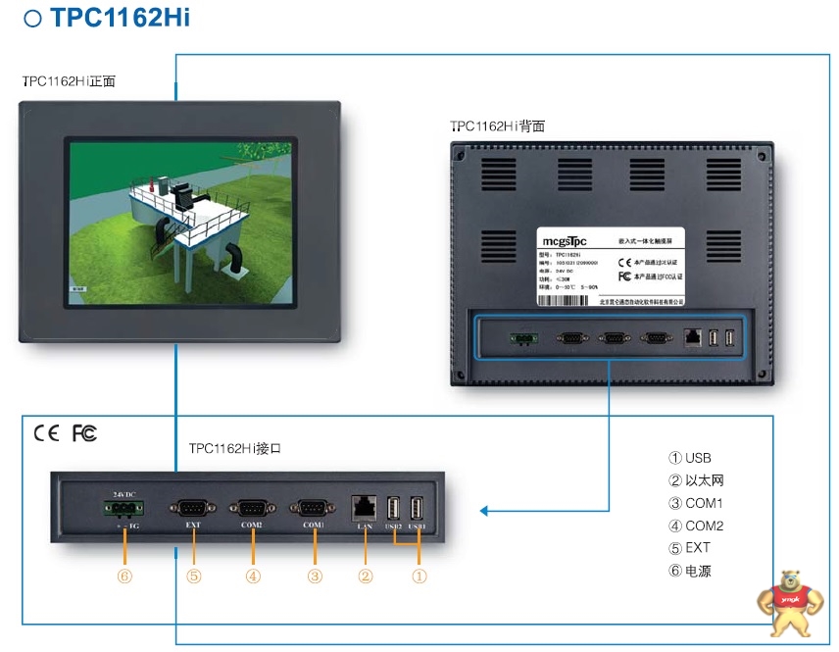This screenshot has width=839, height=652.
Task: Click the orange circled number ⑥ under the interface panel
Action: point(123,577)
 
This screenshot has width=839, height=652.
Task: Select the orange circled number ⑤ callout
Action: point(193,577)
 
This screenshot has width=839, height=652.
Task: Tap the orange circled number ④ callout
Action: point(253,577)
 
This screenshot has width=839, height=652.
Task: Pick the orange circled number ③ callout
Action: point(314,577)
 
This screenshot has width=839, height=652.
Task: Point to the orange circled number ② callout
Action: point(365,577)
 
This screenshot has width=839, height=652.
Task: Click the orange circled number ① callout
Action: point(419,577)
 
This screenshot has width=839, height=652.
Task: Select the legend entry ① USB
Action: point(690,458)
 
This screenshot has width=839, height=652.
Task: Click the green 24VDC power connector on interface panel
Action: point(123,508)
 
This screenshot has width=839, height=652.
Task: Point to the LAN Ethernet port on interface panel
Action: point(364,507)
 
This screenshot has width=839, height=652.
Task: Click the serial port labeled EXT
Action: point(192,508)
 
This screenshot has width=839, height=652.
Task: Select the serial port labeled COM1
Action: point(313,508)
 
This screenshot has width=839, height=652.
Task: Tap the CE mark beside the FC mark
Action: point(46,432)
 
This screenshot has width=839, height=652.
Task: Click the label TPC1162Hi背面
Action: point(497,126)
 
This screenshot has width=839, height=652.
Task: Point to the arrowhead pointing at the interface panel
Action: point(484,510)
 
